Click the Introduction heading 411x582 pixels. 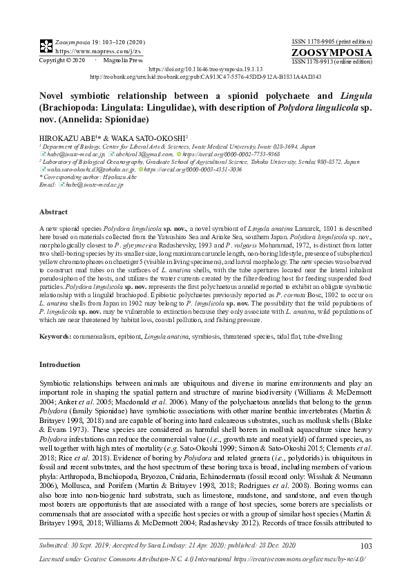(x=59, y=364)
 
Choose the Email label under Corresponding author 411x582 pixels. (x=48, y=185)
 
